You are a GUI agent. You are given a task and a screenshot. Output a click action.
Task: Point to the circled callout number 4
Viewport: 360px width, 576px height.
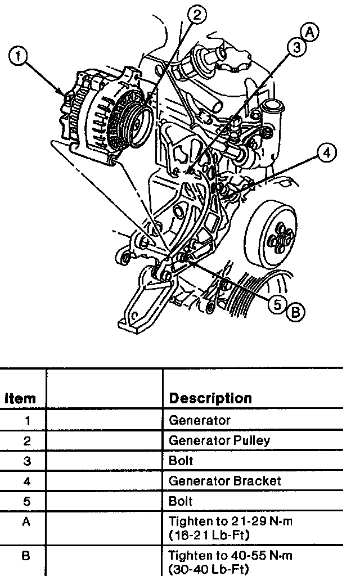click(x=326, y=152)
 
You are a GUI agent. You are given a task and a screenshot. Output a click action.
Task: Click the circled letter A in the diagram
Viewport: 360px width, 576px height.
click(x=310, y=33)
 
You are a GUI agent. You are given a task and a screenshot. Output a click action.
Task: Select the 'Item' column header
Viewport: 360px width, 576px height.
click(x=21, y=398)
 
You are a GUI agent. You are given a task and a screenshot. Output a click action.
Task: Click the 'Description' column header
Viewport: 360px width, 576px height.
click(x=210, y=398)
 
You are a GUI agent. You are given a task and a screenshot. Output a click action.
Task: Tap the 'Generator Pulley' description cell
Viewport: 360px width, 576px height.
click(x=219, y=440)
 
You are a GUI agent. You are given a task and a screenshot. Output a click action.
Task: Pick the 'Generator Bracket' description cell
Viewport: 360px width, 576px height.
click(x=224, y=481)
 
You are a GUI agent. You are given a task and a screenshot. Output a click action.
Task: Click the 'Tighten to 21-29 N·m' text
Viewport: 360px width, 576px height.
click(x=231, y=522)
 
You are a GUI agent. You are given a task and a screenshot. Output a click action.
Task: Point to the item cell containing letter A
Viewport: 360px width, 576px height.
click(x=26, y=522)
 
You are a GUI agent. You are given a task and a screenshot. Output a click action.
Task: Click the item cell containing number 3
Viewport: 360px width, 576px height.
click(x=26, y=461)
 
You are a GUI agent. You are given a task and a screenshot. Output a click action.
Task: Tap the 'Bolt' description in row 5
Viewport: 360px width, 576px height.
click(x=181, y=501)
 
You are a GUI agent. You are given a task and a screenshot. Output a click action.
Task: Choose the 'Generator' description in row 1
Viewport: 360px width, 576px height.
click(x=200, y=420)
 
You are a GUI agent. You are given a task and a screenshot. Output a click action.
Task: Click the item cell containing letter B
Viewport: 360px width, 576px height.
click(x=26, y=556)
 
